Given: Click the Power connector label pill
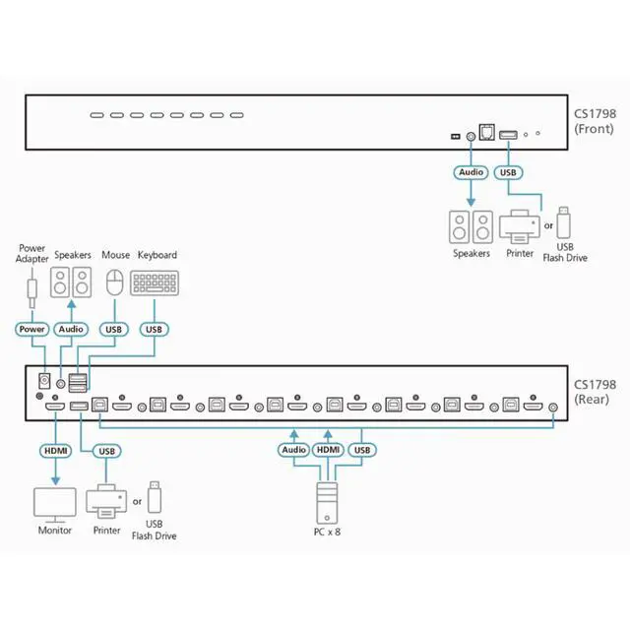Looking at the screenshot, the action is (32, 329).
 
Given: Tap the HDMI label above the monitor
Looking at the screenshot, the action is (55, 451).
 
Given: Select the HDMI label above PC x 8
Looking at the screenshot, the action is (328, 450).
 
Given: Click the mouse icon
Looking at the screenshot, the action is (115, 283).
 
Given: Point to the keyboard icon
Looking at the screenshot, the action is (155, 283).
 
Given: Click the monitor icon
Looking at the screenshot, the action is (55, 505).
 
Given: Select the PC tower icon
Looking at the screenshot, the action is (327, 503).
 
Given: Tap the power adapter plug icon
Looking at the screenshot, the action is (32, 288).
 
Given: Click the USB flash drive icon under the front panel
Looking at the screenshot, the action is (564, 222).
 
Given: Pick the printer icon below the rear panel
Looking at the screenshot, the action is (106, 502).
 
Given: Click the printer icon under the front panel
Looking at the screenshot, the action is (520, 226).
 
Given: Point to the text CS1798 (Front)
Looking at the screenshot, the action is (595, 121).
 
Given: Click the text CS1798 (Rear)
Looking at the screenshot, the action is (595, 392).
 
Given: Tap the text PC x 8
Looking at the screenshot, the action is (327, 532).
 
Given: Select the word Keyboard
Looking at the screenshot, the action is (157, 255).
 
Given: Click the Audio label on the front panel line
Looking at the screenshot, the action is (471, 172).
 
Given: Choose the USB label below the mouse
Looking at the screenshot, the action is (114, 330).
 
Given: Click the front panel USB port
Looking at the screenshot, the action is (508, 135).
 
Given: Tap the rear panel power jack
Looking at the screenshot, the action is (43, 381).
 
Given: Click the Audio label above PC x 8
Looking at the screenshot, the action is (294, 450).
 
